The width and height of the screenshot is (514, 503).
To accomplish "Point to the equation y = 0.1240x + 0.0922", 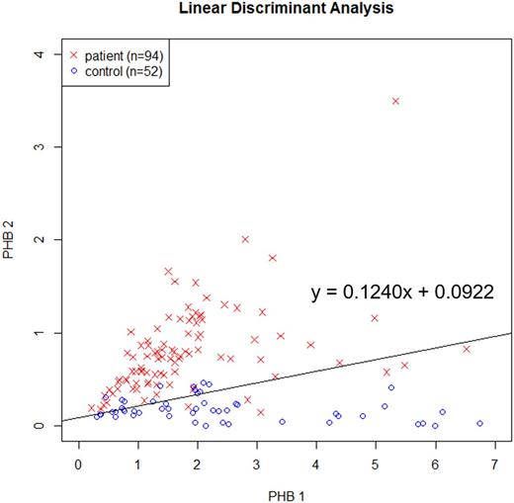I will pyautogui.click(x=402, y=293).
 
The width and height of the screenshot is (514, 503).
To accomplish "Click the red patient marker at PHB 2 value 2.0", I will pyautogui.click(x=245, y=239).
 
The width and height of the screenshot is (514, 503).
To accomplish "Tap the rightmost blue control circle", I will pyautogui.click(x=479, y=423).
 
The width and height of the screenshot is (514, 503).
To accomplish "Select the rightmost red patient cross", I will pyautogui.click(x=467, y=349).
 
